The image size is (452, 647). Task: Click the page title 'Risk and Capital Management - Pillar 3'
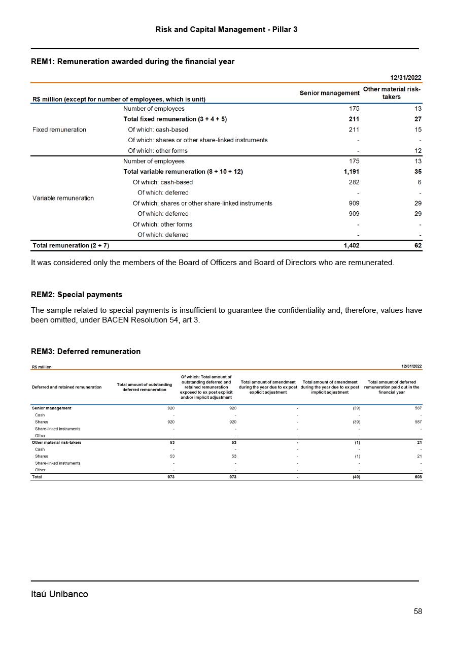pos(226,29)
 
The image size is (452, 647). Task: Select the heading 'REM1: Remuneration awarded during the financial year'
pos(132,61)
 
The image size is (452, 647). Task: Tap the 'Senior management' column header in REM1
pos(329,93)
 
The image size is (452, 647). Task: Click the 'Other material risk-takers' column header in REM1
pos(391,93)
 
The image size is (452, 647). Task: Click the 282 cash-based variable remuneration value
pos(354,182)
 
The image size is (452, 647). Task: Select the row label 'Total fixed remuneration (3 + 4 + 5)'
pos(175,119)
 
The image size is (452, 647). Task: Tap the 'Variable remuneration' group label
pos(63,198)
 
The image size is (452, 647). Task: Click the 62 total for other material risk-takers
pos(418,245)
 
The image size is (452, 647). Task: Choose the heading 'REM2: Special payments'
pos(77,295)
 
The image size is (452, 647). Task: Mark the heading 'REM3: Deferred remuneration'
pos(86,351)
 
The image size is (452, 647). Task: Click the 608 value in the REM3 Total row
pos(418,477)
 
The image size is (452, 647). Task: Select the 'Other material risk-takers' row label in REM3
pos(56,442)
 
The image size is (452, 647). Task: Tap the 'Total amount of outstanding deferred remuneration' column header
pos(144,387)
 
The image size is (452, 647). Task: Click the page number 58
pos(418,611)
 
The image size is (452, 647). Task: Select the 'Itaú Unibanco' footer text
pos(59,594)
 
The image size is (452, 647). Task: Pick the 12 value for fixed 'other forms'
pos(418,151)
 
